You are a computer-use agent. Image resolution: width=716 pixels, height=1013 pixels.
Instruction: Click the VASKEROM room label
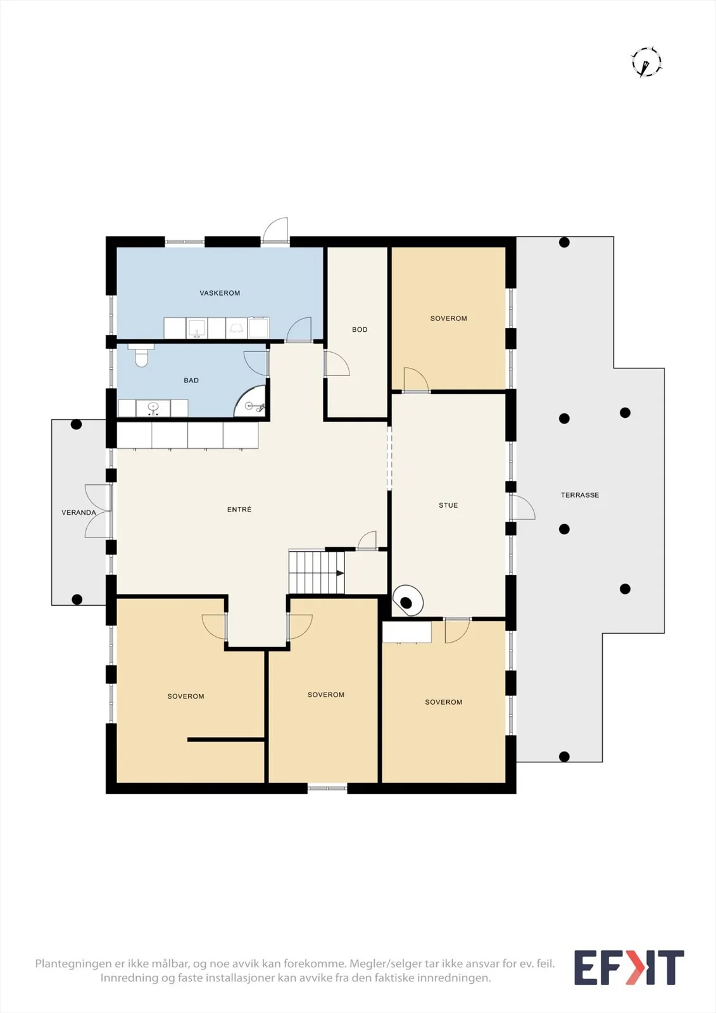220,293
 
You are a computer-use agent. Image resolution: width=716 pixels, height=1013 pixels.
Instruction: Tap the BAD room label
191,381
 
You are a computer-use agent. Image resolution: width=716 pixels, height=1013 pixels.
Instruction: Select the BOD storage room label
360,330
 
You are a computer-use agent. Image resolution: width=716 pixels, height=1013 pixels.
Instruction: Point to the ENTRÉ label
239,509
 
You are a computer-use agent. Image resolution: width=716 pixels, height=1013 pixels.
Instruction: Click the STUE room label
448,505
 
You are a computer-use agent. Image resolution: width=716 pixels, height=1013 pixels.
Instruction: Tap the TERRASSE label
580,494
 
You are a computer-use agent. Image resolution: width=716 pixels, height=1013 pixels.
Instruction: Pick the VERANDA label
79,512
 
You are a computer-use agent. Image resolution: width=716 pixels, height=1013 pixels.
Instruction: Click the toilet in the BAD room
141,355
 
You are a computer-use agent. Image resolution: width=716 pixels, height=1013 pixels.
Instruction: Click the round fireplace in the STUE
408,601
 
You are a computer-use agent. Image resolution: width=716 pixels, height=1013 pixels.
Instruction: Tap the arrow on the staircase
340,574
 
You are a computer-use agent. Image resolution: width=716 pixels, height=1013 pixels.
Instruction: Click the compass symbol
647,62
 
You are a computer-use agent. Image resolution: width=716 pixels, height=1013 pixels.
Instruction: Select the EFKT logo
629,968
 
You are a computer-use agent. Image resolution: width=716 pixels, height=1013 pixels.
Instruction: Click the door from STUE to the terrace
522,507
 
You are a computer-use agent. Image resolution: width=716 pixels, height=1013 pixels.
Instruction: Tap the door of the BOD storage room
337,363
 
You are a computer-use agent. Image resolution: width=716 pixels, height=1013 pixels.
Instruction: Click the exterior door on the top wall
275,230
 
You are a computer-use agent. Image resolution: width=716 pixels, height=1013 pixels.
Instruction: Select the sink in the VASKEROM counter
197,328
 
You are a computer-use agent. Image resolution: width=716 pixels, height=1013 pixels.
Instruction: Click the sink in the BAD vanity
153,408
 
